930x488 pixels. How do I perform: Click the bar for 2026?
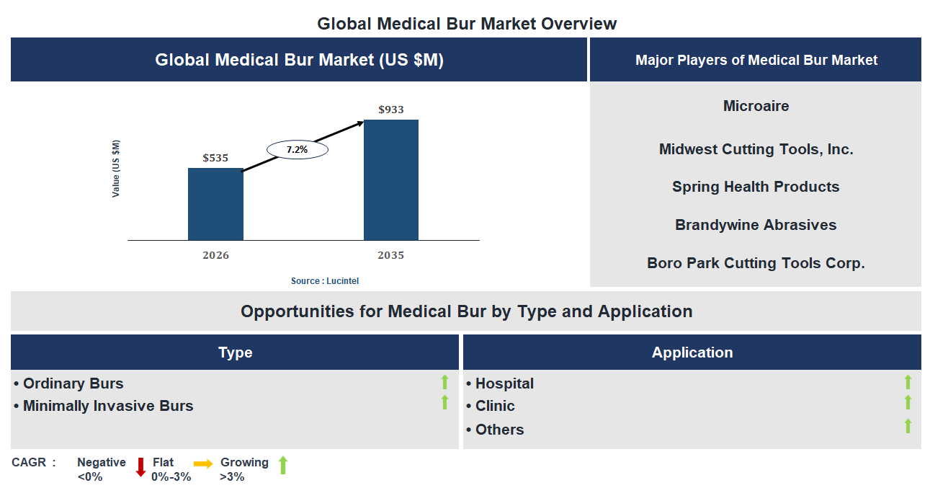[215, 204]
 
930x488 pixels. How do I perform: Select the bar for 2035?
[390, 179]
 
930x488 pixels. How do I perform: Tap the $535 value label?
[215, 157]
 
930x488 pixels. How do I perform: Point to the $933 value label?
[391, 110]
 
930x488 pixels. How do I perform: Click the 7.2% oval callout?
[297, 150]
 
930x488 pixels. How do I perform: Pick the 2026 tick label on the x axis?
[215, 255]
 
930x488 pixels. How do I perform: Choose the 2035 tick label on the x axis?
[390, 255]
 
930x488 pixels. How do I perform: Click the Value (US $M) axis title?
[116, 169]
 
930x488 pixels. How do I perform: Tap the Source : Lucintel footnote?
[324, 280]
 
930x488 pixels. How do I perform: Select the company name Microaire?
[756, 106]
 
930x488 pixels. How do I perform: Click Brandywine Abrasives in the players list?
[756, 225]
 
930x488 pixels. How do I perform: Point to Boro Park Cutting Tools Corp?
[756, 263]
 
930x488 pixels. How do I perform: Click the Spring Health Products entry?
[756, 187]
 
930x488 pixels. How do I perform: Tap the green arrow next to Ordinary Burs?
[444, 382]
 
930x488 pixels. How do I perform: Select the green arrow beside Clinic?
[908, 402]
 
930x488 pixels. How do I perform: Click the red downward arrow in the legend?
[140, 467]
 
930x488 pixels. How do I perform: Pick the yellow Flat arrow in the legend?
[203, 464]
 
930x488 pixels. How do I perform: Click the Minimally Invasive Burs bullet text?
[108, 406]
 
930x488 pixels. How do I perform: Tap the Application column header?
[692, 352]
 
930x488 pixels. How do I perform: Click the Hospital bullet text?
[504, 383]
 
